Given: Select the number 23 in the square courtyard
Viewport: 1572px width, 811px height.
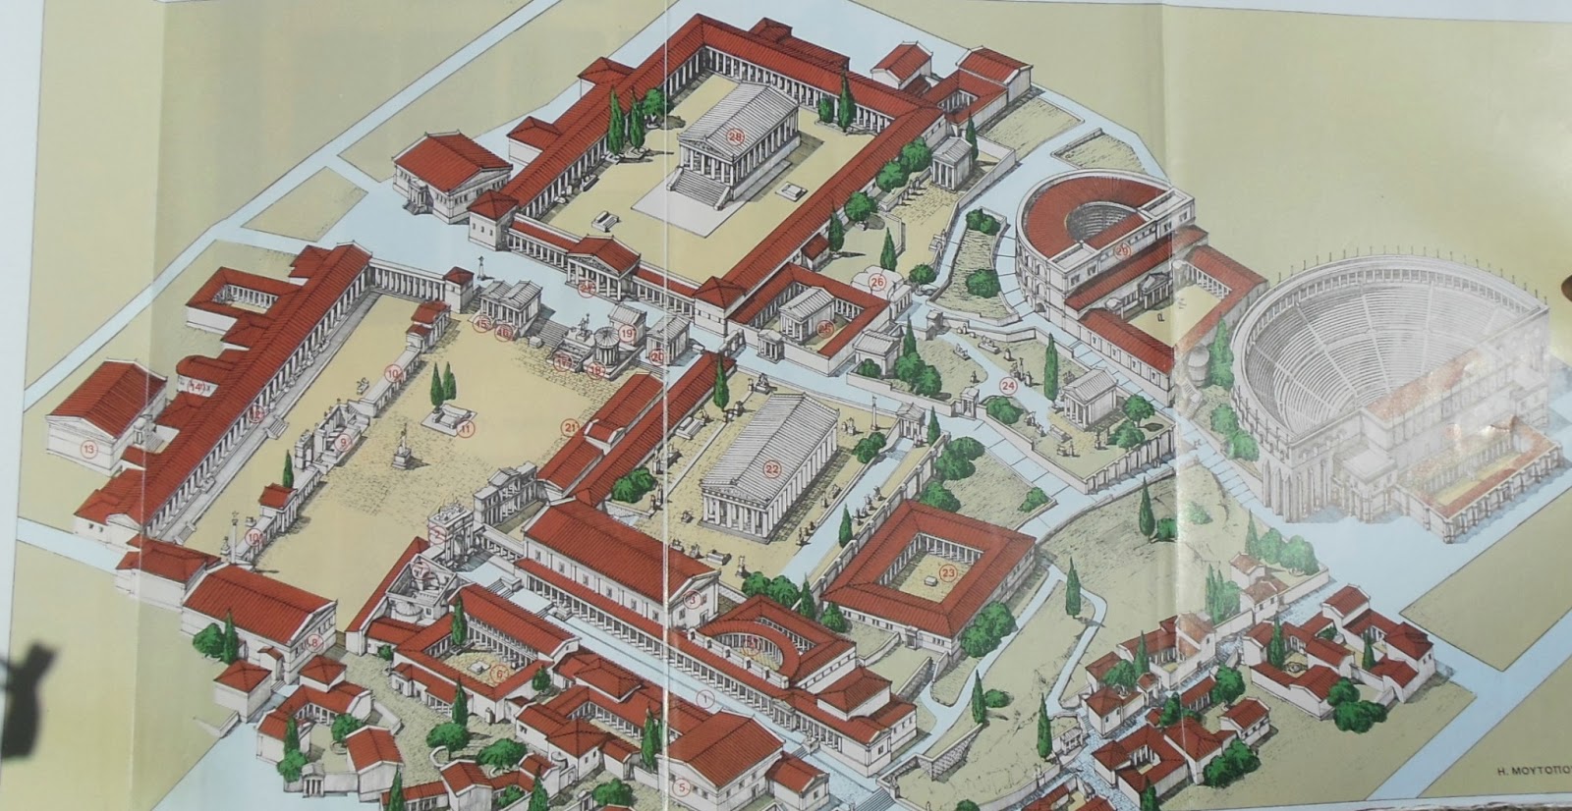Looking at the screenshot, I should pos(948,572).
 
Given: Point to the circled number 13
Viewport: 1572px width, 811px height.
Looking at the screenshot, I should pos(89,450).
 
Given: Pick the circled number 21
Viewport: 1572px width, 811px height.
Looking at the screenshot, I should pos(571,426).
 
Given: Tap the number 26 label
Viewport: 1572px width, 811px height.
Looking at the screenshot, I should pos(877,283).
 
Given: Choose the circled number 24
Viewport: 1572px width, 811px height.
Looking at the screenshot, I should pos(1007,385).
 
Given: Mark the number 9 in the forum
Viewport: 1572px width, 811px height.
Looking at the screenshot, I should pos(344,442).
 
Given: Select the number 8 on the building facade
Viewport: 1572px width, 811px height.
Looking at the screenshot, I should pos(314,642).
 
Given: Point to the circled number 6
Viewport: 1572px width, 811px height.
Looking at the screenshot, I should pos(500,674).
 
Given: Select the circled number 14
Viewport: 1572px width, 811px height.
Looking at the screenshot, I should pos(196,387).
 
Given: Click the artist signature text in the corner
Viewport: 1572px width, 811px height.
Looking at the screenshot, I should pos(1519,771).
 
